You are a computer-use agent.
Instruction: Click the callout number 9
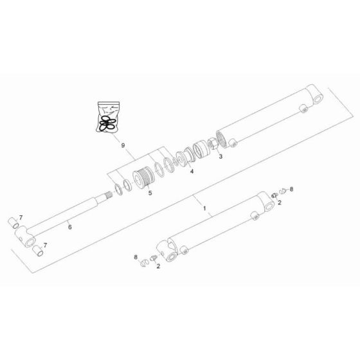[123, 147]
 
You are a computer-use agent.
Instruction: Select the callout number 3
[220, 156]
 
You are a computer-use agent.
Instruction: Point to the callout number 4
[192, 170]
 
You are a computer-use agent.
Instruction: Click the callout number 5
[150, 192]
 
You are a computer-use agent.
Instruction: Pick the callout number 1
[204, 208]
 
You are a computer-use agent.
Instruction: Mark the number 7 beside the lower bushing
[45, 244]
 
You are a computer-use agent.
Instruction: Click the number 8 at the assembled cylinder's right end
[291, 189]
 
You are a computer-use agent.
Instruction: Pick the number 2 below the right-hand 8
[279, 203]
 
